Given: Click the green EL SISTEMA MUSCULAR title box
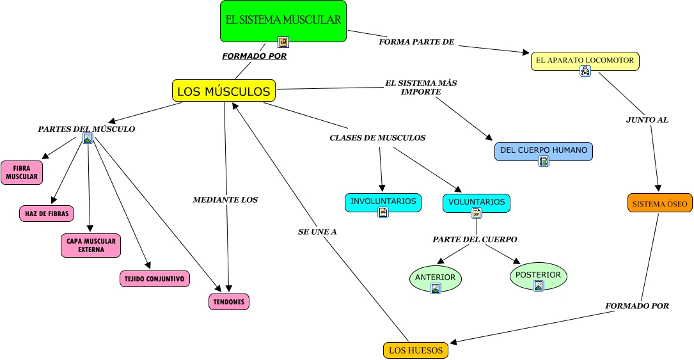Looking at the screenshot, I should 283,20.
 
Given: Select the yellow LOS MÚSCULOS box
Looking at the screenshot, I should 224,91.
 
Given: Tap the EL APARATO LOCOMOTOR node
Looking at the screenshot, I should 585,61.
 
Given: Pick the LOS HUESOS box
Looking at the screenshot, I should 415,350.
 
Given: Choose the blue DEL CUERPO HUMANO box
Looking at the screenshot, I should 544,152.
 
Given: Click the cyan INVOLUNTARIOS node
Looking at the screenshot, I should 383,202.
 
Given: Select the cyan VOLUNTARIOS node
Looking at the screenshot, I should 476,203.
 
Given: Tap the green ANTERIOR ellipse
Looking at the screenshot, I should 436,278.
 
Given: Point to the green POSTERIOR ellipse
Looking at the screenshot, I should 538,276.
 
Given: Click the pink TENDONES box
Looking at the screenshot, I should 229,302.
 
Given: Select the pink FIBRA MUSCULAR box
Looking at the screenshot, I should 22,173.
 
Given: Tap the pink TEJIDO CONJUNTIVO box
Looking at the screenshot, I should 155,279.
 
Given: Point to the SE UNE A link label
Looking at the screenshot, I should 317,231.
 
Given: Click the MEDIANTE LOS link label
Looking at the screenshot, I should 225,200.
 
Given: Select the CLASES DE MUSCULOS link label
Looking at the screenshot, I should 377,137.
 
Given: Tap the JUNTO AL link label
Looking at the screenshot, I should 647,120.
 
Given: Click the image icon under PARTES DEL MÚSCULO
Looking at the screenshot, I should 88,137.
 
